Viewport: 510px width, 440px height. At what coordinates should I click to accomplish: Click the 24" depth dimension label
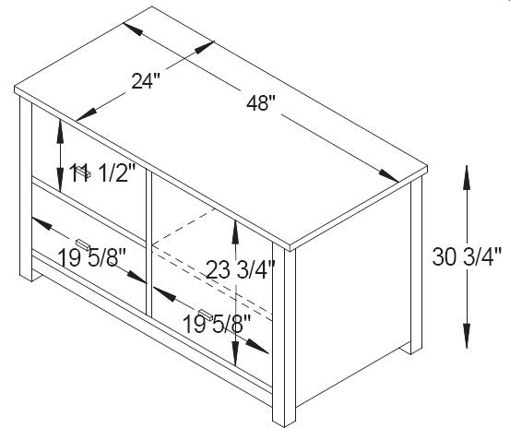[146, 80]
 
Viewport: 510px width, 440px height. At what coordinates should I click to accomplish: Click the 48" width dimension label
[260, 103]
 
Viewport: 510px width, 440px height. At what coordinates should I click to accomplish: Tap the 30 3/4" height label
[467, 256]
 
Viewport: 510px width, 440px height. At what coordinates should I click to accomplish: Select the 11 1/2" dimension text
[102, 173]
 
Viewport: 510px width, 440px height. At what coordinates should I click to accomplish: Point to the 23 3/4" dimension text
[241, 269]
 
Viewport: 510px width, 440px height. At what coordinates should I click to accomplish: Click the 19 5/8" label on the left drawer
[91, 258]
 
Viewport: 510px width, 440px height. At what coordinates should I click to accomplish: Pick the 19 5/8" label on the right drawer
[217, 324]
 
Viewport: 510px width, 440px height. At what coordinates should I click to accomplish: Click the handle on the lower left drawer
[83, 244]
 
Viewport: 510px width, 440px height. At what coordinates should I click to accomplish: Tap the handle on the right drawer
[206, 315]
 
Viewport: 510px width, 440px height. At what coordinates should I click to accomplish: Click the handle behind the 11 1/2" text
[84, 172]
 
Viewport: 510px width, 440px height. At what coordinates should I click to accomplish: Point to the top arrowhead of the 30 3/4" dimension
[467, 177]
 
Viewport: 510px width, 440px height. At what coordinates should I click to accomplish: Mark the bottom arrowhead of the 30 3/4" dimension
[467, 337]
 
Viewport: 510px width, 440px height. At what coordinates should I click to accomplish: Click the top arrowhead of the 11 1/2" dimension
[60, 132]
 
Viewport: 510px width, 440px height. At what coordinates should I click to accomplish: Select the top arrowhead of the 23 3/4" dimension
[235, 232]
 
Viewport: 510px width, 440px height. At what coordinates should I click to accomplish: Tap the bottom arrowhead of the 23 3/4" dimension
[235, 354]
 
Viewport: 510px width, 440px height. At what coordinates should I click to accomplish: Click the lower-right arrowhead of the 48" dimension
[388, 176]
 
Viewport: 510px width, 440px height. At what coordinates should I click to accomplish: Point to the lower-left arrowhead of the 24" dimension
[87, 114]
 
